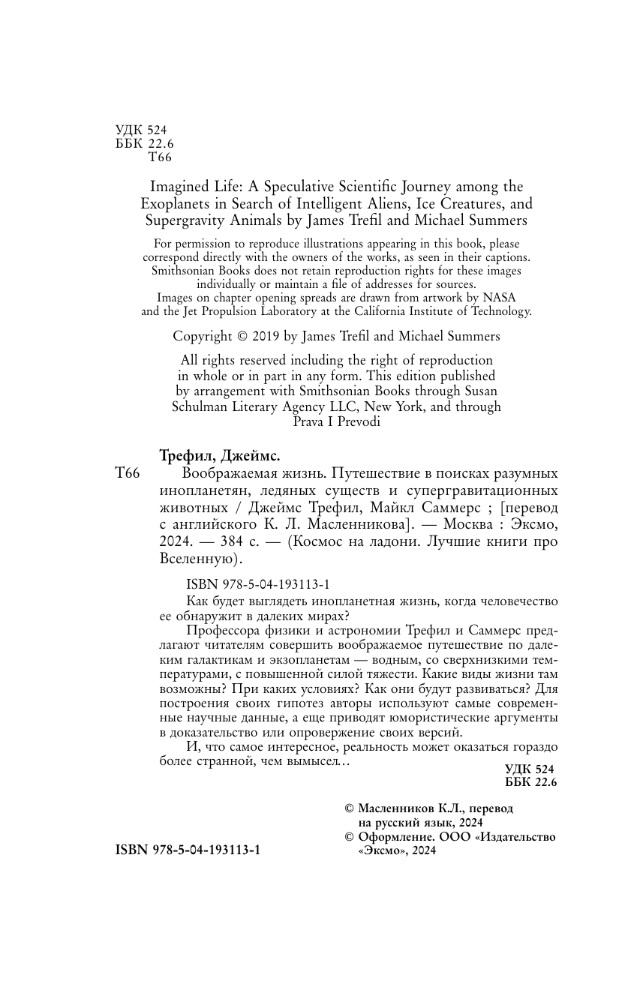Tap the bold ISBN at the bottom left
point(132,850)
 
